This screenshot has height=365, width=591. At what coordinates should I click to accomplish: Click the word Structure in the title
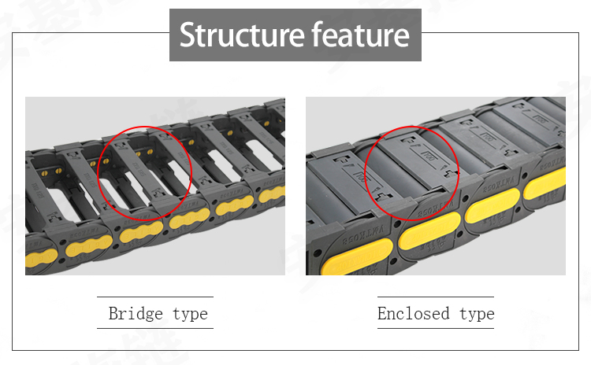coord(241,35)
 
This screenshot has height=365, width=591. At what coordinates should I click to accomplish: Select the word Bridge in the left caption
coord(135,314)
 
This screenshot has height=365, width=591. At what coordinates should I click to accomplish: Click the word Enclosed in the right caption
coord(413,314)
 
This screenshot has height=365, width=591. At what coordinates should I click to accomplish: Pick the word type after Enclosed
coord(477,315)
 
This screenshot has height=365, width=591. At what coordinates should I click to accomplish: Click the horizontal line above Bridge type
coord(155,297)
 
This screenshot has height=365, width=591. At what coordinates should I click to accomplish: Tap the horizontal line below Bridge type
coord(155,328)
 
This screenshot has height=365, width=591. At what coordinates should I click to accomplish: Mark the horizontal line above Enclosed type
coord(436,297)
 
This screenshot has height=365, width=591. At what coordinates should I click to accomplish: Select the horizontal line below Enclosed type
coord(436,328)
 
